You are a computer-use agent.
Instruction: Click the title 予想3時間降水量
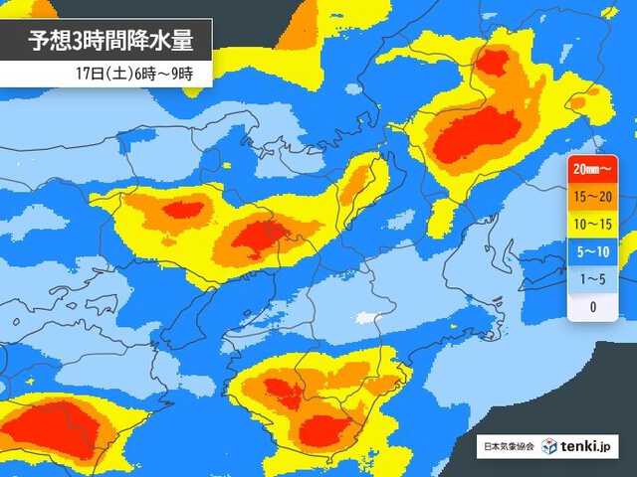(105, 43)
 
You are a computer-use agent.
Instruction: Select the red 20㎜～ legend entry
(593, 172)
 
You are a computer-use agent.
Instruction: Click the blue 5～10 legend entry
(593, 252)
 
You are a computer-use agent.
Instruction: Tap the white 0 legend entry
(593, 306)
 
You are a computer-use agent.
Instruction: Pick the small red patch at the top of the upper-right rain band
(492, 62)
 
